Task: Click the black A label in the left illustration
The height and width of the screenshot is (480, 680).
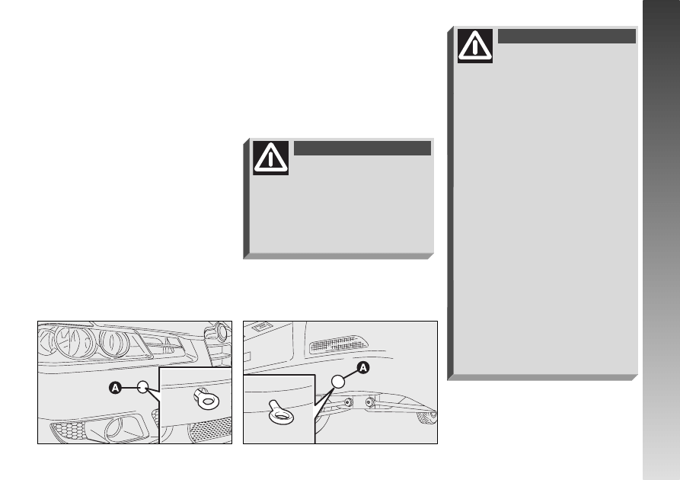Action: click(x=115, y=388)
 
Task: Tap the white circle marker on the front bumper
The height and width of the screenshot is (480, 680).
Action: click(x=142, y=387)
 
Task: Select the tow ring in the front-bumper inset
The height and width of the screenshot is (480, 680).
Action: click(x=206, y=398)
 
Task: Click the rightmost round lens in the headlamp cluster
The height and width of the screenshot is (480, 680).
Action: click(x=113, y=341)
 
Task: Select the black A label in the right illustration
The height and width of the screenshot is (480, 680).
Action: click(x=363, y=368)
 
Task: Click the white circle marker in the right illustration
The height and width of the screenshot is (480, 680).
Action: click(x=338, y=382)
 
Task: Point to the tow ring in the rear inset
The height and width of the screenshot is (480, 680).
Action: click(x=281, y=413)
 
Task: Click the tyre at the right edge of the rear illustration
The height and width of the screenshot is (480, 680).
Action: click(x=427, y=418)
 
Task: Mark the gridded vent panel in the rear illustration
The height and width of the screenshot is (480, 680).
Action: click(x=339, y=344)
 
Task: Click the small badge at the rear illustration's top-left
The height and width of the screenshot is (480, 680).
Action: click(x=261, y=327)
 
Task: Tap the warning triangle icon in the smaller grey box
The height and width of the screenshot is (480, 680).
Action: click(x=270, y=158)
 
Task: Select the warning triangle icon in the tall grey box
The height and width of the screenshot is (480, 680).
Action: click(x=475, y=46)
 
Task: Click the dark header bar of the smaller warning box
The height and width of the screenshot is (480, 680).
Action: click(x=362, y=148)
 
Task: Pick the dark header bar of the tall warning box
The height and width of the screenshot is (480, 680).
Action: click(x=567, y=36)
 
